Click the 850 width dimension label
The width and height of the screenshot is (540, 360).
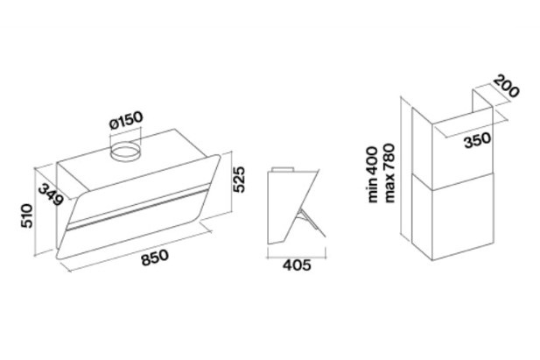(x=155, y=258)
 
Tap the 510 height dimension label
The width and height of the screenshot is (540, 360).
(x=27, y=215)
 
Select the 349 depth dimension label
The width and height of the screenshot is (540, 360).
(x=51, y=194)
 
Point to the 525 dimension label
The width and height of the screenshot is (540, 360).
(x=238, y=180)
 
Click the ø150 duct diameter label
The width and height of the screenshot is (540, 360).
(x=126, y=120)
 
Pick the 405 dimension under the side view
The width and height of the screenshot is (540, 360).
(x=297, y=265)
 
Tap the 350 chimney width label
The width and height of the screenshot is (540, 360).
(x=477, y=140)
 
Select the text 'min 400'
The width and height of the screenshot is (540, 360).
(x=373, y=174)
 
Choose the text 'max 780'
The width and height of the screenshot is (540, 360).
(x=389, y=173)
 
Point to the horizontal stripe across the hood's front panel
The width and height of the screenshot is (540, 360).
(x=137, y=208)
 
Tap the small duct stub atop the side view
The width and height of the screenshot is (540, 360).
(x=283, y=169)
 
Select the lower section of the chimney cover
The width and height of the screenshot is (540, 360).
(x=452, y=215)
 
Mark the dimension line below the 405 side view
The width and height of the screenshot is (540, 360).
(x=297, y=257)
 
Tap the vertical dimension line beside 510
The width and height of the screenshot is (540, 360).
(x=35, y=212)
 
